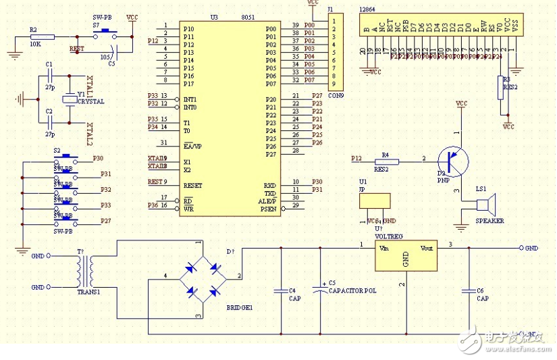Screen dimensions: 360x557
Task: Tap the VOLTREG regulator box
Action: pos(406,256)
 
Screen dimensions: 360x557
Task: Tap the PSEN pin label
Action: pos(269,209)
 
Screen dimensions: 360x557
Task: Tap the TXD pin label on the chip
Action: pos(270,193)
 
